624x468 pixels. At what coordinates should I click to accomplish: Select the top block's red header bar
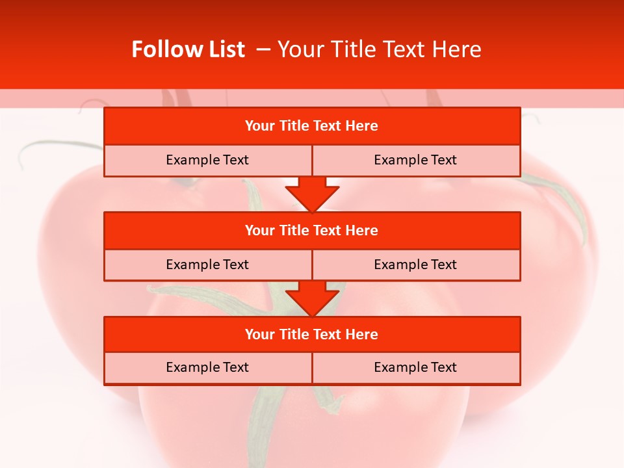(312, 126)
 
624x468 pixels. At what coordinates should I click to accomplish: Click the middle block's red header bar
(312, 230)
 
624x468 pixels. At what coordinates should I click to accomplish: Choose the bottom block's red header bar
(312, 334)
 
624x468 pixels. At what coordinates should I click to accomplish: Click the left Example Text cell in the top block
(207, 161)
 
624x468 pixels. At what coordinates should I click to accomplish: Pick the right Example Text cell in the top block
(415, 161)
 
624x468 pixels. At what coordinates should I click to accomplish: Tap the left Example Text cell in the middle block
(207, 265)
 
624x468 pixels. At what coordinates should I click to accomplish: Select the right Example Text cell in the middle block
(415, 265)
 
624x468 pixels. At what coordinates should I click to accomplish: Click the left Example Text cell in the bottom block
(207, 368)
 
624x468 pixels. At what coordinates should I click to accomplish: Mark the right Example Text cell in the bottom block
(415, 368)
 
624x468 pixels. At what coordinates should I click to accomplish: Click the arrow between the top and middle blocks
(312, 194)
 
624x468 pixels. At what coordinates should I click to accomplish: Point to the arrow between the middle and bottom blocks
(312, 298)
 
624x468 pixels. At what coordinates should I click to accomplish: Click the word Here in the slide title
(459, 50)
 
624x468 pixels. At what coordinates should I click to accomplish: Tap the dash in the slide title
(263, 50)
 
